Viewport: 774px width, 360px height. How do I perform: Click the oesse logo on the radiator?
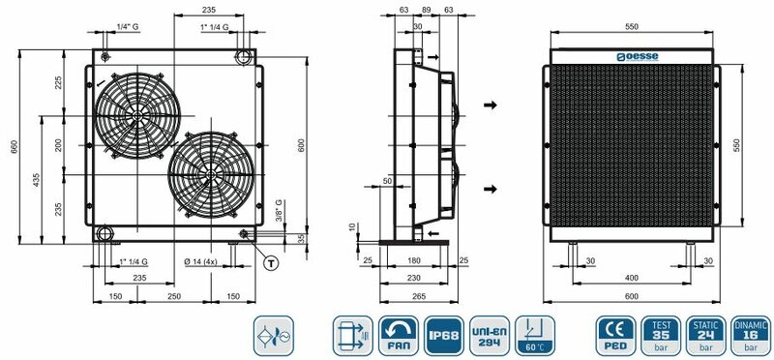coord(637,57)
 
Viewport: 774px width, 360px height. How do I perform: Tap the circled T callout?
coord(271,263)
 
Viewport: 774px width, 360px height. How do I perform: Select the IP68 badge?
coord(444,336)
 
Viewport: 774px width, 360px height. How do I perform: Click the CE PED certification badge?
coord(615,336)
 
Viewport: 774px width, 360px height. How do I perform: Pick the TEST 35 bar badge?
coord(661,336)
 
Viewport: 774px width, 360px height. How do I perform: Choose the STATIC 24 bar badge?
coord(706,336)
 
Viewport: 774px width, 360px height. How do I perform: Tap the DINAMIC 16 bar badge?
coord(751,336)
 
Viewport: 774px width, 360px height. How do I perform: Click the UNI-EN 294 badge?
coord(490,336)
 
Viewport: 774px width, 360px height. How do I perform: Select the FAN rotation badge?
coord(399,336)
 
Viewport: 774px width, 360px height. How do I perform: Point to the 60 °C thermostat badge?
coord(535,336)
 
